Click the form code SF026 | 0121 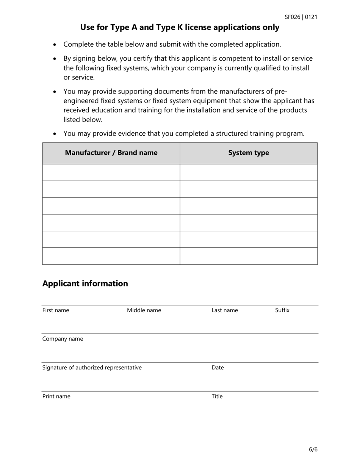[x=301, y=17]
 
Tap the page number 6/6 [x=313, y=450]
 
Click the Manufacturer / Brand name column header [x=111, y=153]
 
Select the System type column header [x=249, y=153]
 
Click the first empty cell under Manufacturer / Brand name [x=111, y=172]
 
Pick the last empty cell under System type [x=249, y=256]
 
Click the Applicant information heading [x=85, y=283]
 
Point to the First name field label [x=56, y=311]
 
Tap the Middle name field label [x=144, y=311]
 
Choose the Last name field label [x=225, y=311]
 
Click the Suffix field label [x=282, y=310]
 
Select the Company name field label [x=63, y=339]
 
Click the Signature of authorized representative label [x=92, y=367]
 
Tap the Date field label [x=218, y=367]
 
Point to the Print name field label [x=56, y=397]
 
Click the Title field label [x=217, y=397]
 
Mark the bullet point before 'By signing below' [x=55, y=59]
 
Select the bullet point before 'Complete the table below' [x=55, y=45]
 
